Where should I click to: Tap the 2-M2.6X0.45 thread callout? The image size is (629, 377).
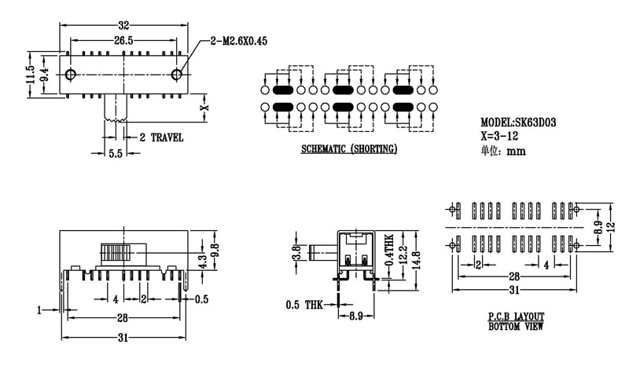tap(239, 41)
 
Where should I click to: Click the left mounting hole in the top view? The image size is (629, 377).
tap(71, 75)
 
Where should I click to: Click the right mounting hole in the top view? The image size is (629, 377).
tap(178, 75)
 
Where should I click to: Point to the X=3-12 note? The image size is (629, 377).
tap(501, 135)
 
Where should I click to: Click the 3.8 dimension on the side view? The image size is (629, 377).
tap(296, 253)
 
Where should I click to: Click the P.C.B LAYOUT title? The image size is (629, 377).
tap(516, 316)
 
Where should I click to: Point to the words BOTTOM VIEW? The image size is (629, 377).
tap(516, 324)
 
